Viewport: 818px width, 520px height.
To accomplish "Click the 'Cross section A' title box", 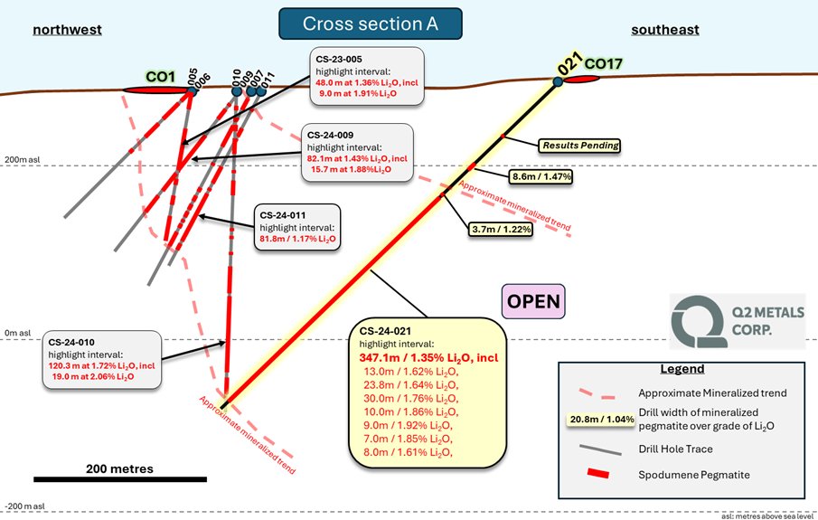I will pyautogui.click(x=370, y=24).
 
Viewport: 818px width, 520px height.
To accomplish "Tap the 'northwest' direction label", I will pyautogui.click(x=67, y=30).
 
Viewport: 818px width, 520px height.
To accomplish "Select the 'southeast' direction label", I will pyautogui.click(x=664, y=30).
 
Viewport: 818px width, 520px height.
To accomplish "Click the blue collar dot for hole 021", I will pyautogui.click(x=558, y=82).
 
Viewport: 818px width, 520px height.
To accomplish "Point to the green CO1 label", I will pyautogui.click(x=160, y=77).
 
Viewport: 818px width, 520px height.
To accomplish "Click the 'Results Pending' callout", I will pyautogui.click(x=579, y=145).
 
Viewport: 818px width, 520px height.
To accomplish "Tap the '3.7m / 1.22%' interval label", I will pyautogui.click(x=500, y=230).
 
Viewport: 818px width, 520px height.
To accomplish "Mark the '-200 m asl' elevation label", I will pyautogui.click(x=24, y=506).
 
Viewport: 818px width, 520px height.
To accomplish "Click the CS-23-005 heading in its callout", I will pyautogui.click(x=340, y=58).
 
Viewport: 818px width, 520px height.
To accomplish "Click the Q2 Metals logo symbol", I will pyautogui.click(x=700, y=321).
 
